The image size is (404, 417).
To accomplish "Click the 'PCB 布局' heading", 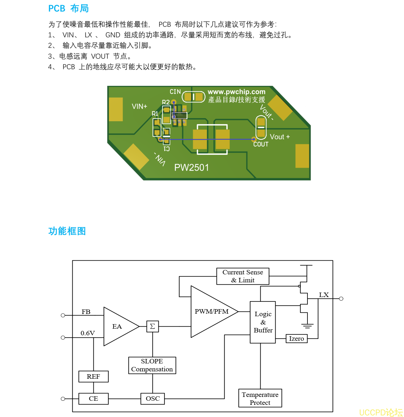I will click(69, 9).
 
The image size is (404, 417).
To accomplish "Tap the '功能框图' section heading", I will click(67, 231).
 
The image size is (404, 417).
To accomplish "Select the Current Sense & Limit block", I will click(243, 276).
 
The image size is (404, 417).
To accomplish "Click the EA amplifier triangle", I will click(118, 326).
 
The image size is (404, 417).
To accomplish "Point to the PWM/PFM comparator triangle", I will click(211, 312).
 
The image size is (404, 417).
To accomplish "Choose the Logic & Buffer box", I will click(263, 322).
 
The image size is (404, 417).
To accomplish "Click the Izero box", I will click(296, 339).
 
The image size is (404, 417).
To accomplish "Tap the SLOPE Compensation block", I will click(152, 365).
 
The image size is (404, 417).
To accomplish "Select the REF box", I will click(93, 376).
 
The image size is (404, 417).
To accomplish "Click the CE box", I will click(93, 398).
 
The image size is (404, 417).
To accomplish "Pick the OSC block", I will click(153, 398).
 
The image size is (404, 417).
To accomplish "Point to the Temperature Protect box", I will click(260, 398).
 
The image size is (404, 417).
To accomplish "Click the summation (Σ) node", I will click(153, 326).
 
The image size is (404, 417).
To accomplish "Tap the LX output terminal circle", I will click(341, 299).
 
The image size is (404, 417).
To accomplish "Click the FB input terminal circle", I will click(63, 315).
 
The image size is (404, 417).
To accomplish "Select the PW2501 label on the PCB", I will click(191, 168).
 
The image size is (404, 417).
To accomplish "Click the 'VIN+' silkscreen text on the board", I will click(140, 107).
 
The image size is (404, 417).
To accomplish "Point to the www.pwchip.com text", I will click(236, 92).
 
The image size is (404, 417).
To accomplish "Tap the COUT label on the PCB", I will click(261, 144).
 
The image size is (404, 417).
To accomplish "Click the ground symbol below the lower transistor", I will click(307, 326).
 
